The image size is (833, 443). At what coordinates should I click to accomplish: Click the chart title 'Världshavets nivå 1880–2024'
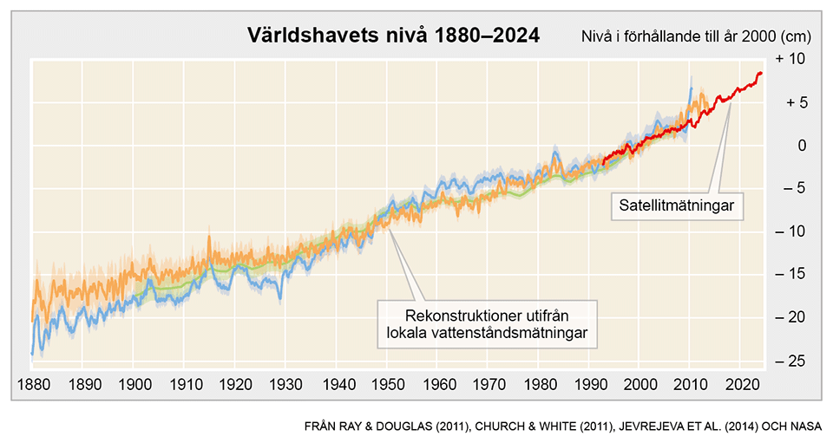click(x=393, y=36)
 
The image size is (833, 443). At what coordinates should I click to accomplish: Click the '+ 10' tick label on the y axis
click(x=791, y=59)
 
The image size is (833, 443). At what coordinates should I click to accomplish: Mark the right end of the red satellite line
click(x=761, y=74)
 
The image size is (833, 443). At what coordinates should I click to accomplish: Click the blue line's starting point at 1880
click(x=32, y=353)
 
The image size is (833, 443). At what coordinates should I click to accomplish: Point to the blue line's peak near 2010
click(x=692, y=88)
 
